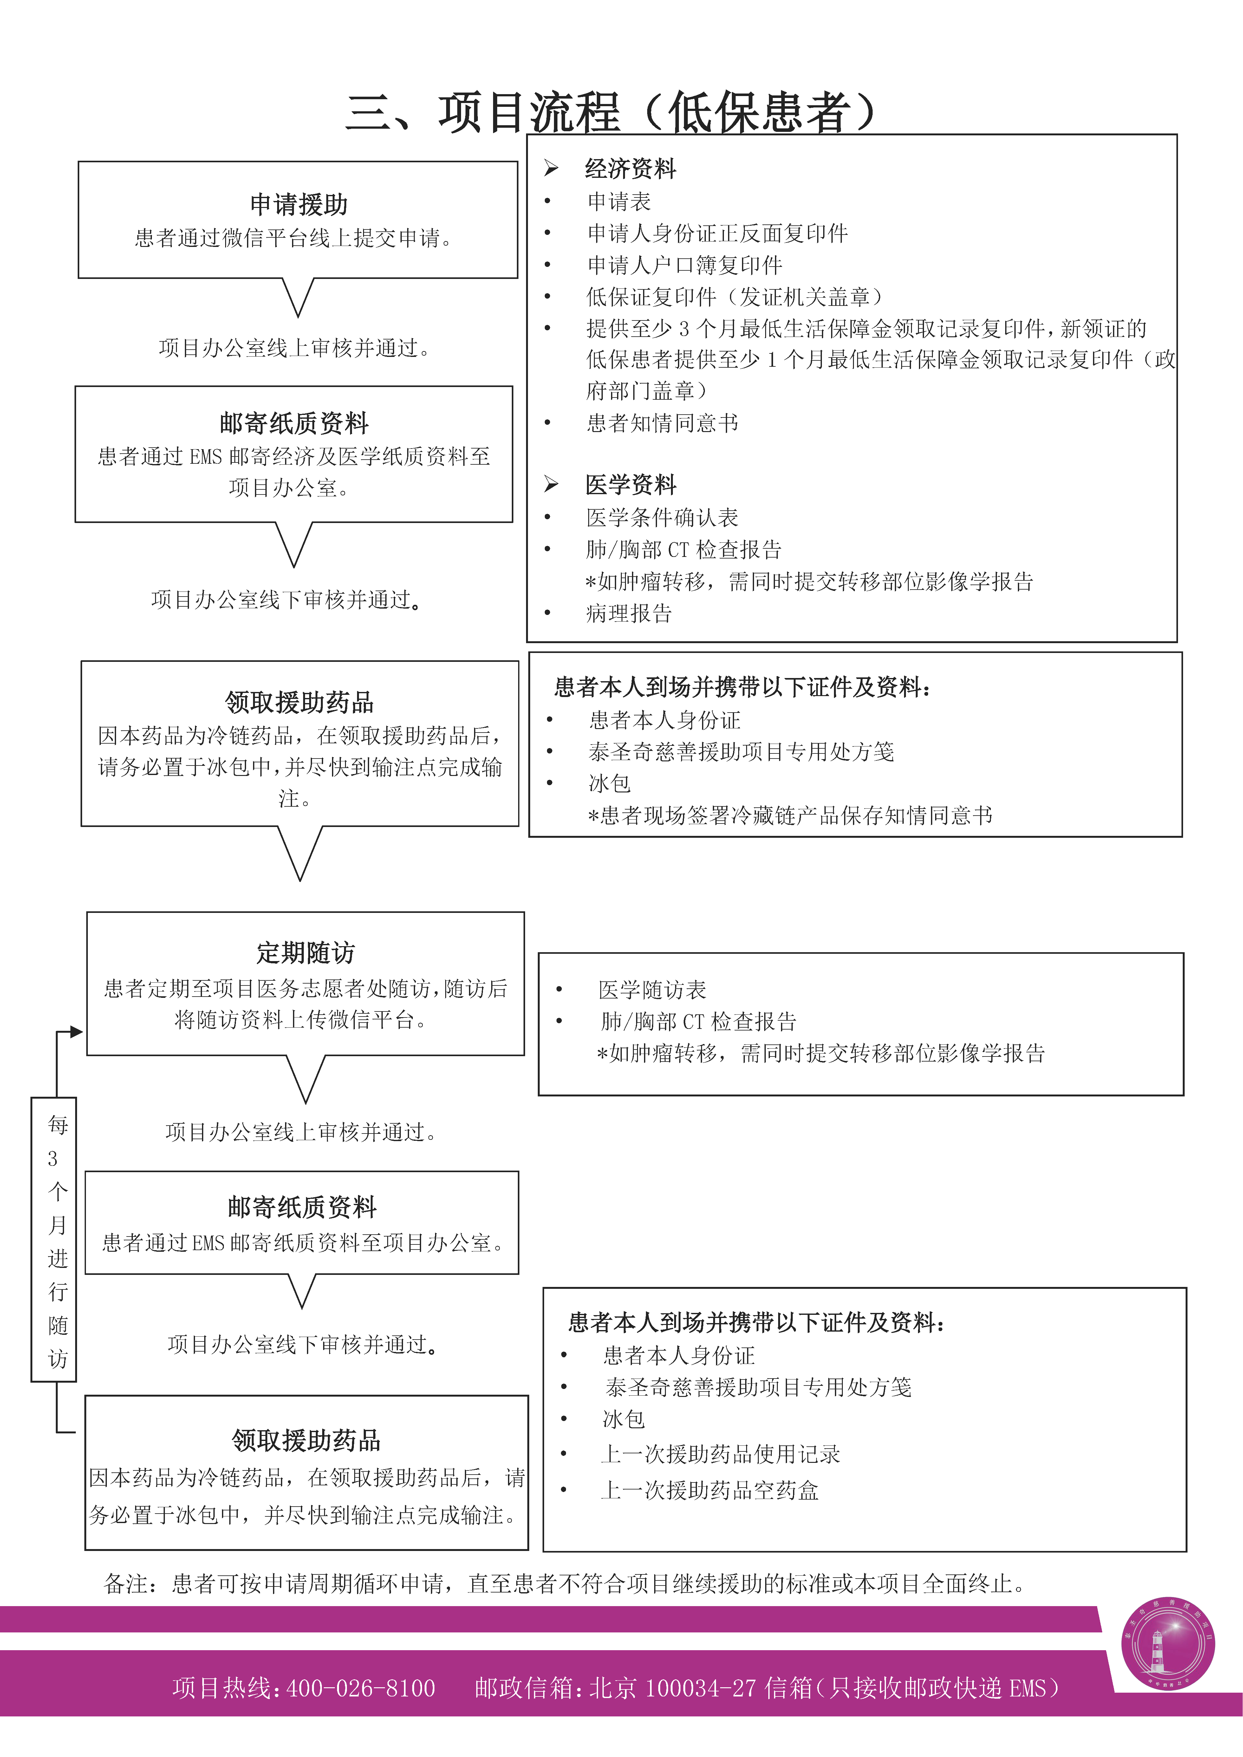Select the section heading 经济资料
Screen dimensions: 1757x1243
tap(630, 168)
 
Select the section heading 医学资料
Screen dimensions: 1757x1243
tap(630, 484)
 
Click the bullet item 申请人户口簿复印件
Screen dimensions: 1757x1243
tap(684, 266)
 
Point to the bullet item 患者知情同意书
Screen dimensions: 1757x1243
tap(662, 423)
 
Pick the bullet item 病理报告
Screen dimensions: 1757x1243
tap(628, 613)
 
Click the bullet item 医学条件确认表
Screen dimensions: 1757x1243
tap(662, 517)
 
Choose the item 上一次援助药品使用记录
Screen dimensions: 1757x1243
tap(720, 1454)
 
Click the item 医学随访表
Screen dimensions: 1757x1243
tap(652, 990)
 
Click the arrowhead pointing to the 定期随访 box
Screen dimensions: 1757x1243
tap(76, 1031)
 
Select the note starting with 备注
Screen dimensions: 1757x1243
tap(565, 1583)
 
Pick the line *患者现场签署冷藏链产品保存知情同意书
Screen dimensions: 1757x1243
tap(790, 816)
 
